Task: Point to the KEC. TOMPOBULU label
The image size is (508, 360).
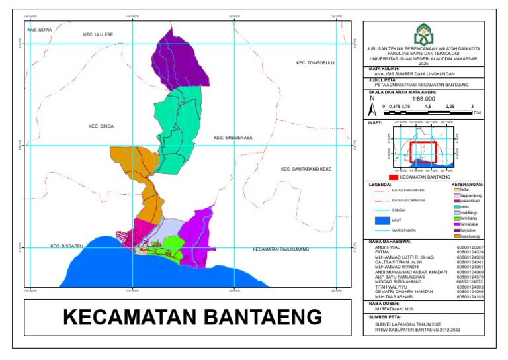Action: [x=316, y=64]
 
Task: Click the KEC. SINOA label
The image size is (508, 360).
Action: [x=101, y=126]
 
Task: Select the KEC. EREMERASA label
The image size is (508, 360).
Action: [x=233, y=138]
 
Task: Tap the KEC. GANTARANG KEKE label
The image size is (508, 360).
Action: [x=306, y=169]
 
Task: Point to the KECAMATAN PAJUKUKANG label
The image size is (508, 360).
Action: [x=280, y=250]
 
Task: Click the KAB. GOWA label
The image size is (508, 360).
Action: [x=39, y=30]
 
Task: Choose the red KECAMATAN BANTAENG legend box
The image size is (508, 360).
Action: [x=394, y=177]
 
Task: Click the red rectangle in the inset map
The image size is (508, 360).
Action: [x=423, y=152]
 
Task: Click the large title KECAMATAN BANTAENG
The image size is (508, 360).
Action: [x=192, y=317]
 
